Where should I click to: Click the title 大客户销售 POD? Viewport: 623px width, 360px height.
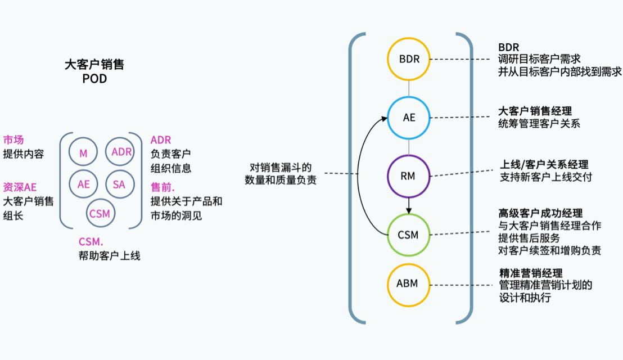pyautogui.click(x=94, y=71)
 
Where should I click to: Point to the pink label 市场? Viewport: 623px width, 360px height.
pyautogui.click(x=13, y=140)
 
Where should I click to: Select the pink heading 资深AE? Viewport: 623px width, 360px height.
pyautogui.click(x=20, y=187)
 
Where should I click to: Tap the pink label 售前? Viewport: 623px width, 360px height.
pyautogui.click(x=162, y=187)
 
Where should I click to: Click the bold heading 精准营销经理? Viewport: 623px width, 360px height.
pyautogui.click(x=531, y=273)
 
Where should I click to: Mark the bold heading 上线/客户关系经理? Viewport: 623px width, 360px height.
pyautogui.click(x=544, y=164)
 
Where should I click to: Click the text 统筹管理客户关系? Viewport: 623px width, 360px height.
pyautogui.click(x=539, y=124)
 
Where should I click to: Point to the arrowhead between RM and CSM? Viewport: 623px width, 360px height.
pyautogui.click(x=409, y=210)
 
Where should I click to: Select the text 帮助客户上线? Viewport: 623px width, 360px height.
pyautogui.click(x=109, y=255)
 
